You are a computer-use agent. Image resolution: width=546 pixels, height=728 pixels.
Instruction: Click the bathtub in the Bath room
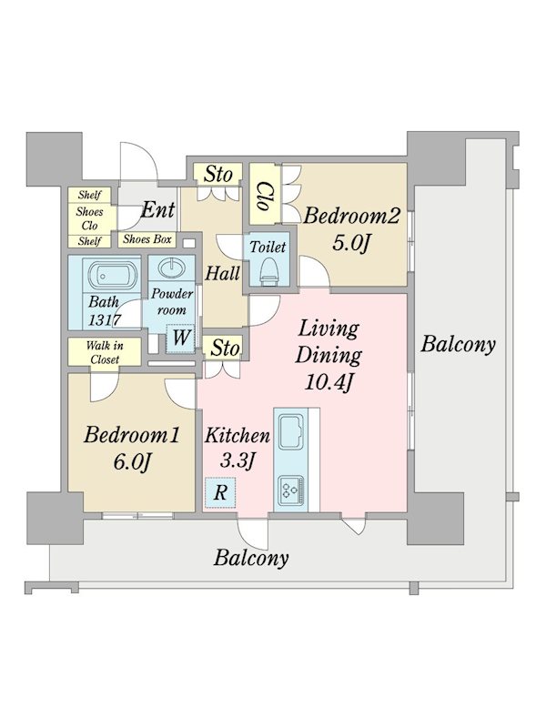(111, 277)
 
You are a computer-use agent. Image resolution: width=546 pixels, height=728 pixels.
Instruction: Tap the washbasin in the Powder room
(171, 268)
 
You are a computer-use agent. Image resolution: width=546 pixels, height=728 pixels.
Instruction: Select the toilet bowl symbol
(268, 272)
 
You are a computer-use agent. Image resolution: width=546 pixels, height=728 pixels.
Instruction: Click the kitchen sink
(290, 432)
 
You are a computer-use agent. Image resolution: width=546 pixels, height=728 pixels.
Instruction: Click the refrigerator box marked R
(220, 492)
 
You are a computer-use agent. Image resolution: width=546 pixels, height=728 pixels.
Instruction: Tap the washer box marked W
(180, 338)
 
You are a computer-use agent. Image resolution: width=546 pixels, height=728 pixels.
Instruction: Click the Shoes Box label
(147, 239)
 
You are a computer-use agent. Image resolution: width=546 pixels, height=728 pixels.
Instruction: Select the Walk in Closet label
(105, 352)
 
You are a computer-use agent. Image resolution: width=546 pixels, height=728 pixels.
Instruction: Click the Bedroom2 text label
(351, 217)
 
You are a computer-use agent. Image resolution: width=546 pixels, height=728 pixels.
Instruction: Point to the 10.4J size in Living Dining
(329, 383)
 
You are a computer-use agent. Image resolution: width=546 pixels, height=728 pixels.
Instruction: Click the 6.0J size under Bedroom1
(132, 462)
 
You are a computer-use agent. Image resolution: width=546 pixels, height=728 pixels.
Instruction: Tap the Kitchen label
(238, 436)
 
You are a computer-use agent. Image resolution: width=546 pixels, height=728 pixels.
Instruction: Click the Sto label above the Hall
(218, 175)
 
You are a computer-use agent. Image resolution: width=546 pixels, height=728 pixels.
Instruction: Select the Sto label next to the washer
(225, 349)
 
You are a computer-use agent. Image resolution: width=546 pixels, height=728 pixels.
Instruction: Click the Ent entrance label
(157, 210)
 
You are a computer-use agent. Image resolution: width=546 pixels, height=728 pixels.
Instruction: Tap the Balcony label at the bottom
(251, 558)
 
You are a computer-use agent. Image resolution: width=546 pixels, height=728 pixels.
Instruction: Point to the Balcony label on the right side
(458, 345)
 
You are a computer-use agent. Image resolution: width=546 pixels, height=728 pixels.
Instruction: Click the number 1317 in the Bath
(105, 320)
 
